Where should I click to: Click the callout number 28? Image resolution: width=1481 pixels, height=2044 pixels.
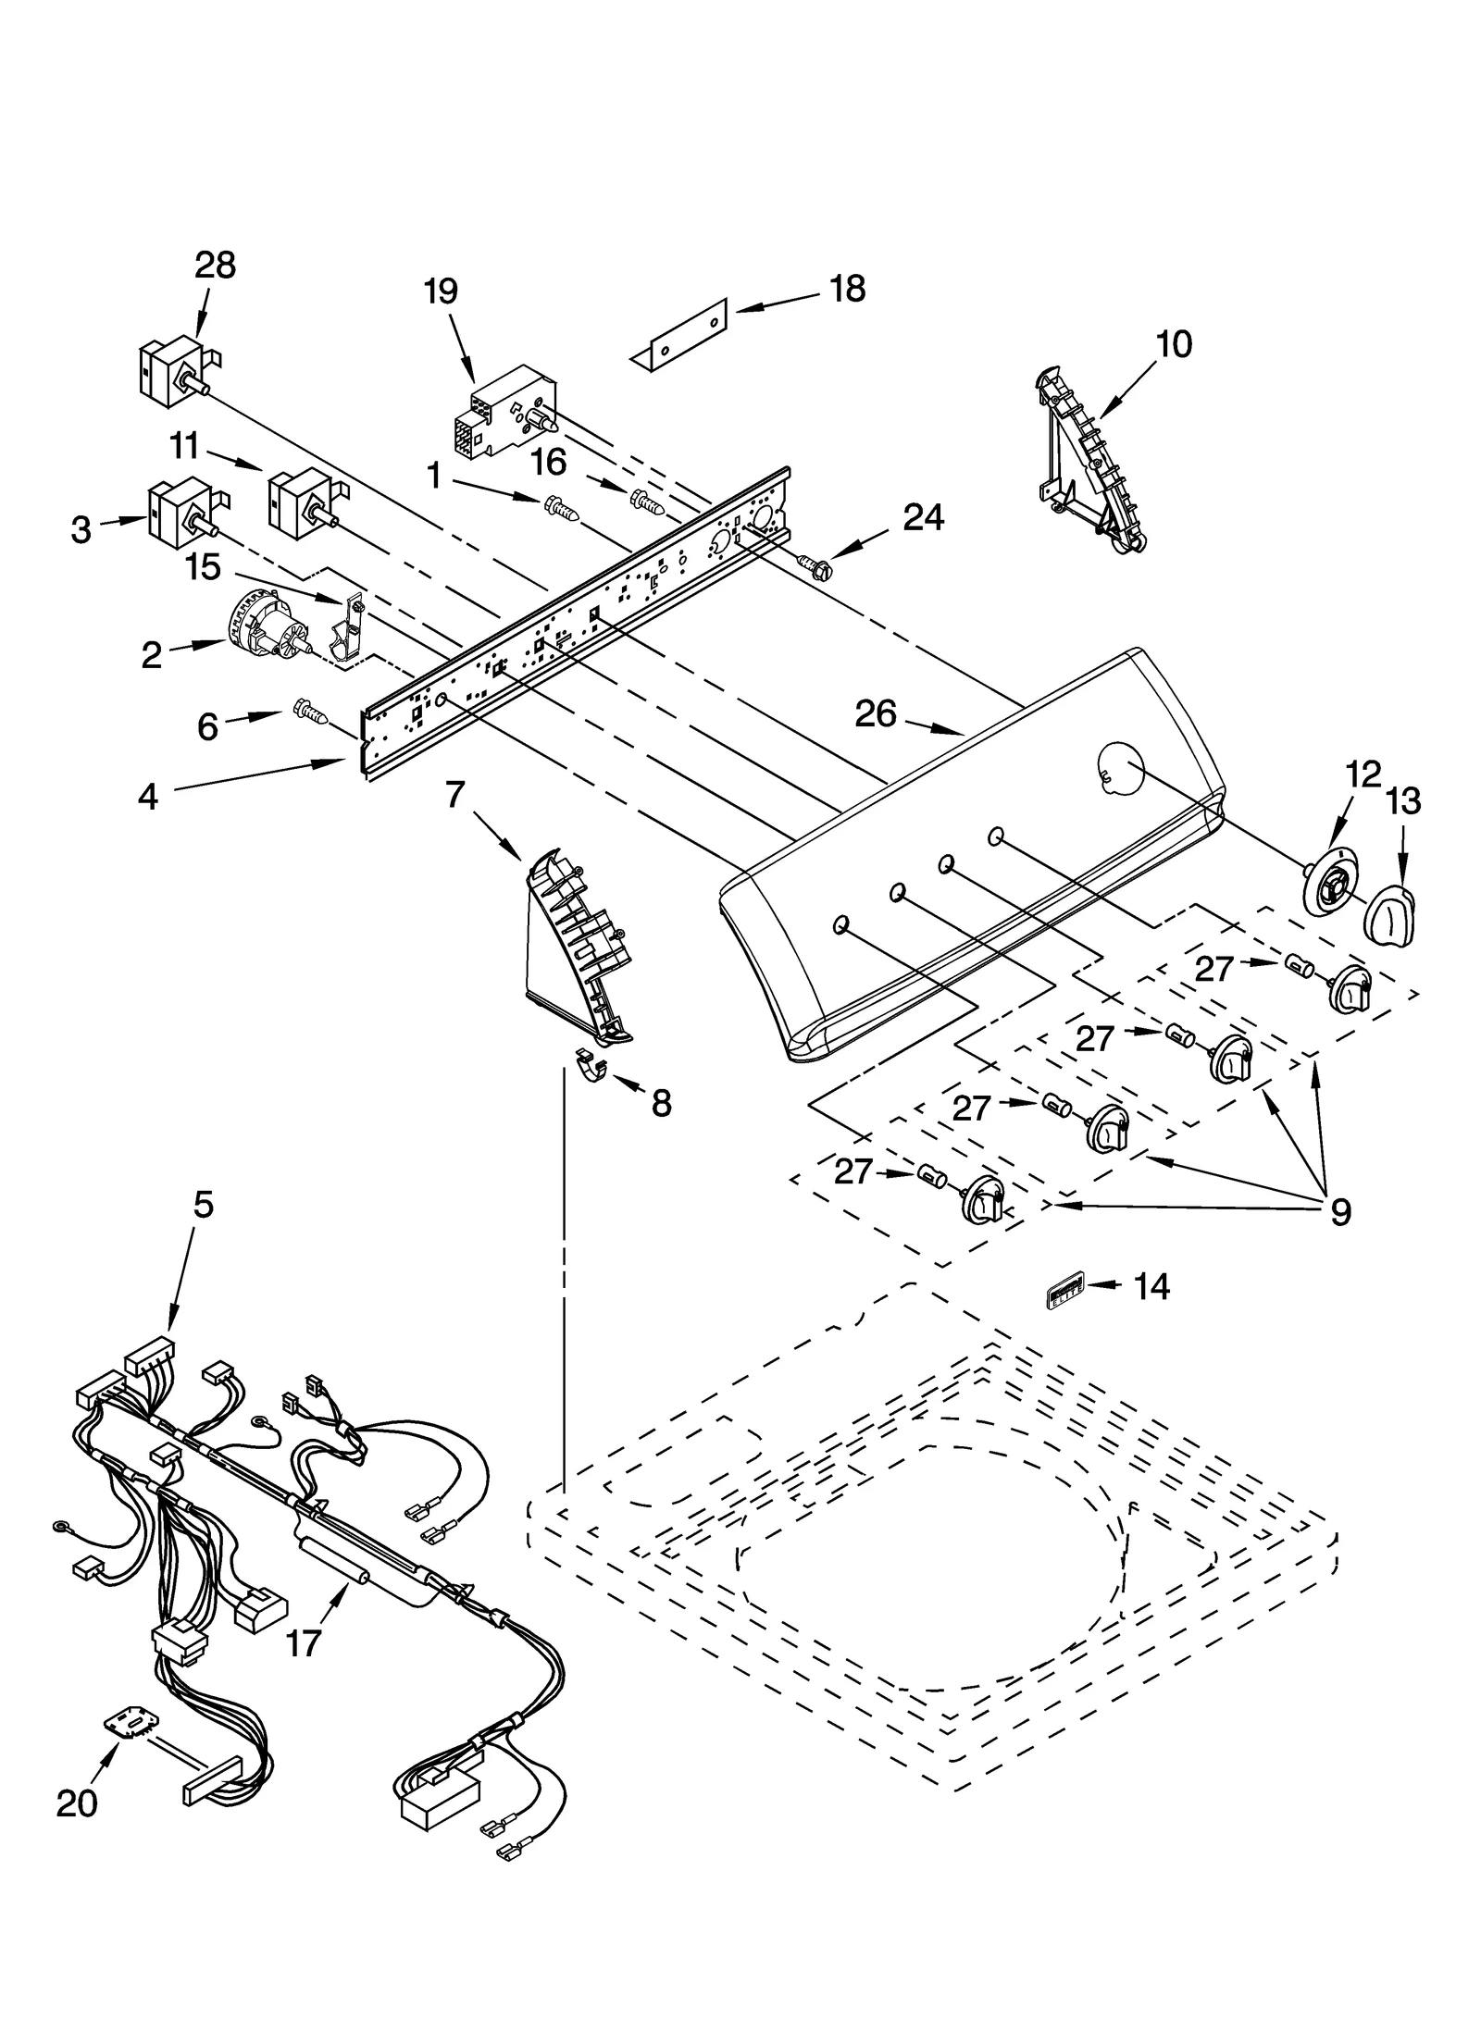coord(215,266)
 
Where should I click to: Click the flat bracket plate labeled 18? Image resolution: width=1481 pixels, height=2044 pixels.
coord(680,335)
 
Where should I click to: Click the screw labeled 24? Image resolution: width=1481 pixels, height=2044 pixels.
coord(810,562)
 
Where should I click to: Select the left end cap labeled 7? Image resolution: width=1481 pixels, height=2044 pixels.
coord(574,945)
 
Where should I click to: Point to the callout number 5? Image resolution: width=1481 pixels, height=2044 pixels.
coord(203,1205)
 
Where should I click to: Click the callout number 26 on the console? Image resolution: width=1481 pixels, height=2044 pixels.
coord(876,712)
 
